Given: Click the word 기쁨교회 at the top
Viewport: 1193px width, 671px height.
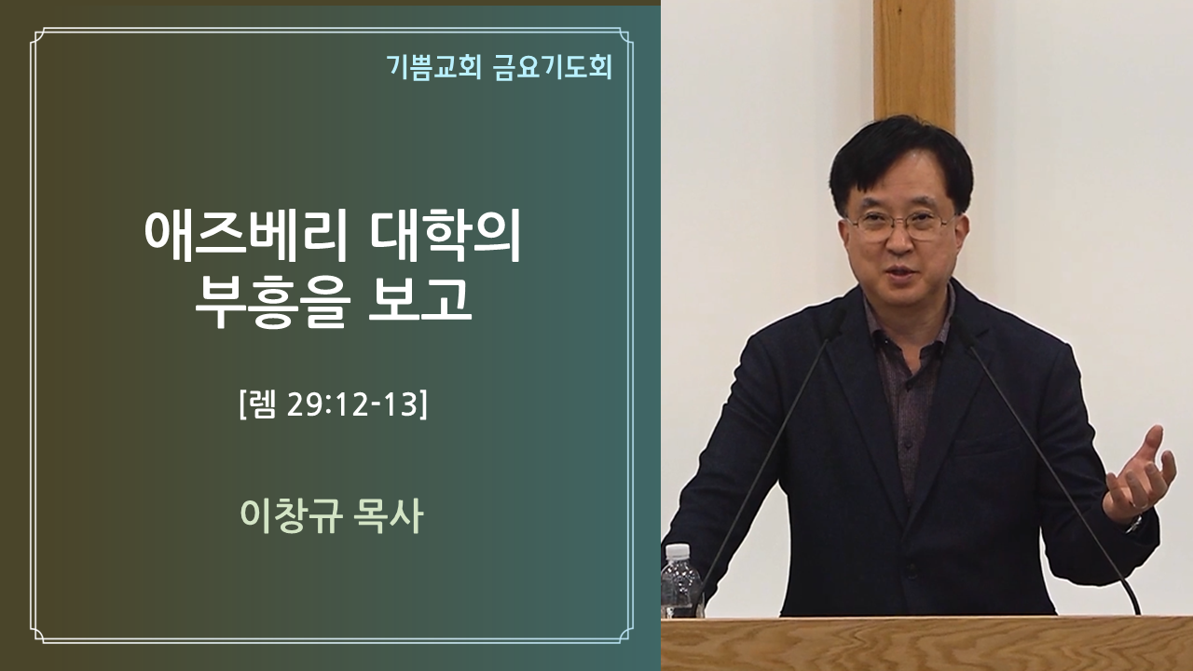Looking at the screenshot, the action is pyautogui.click(x=434, y=68).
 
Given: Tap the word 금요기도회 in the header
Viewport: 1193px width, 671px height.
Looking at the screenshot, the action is pyautogui.click(x=553, y=68).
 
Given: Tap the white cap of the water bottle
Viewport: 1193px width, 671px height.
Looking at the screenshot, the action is pyautogui.click(x=678, y=551).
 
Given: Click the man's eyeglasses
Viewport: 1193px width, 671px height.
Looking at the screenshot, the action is pyautogui.click(x=899, y=225).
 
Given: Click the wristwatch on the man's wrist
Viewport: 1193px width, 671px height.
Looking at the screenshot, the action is pyautogui.click(x=1134, y=524).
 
